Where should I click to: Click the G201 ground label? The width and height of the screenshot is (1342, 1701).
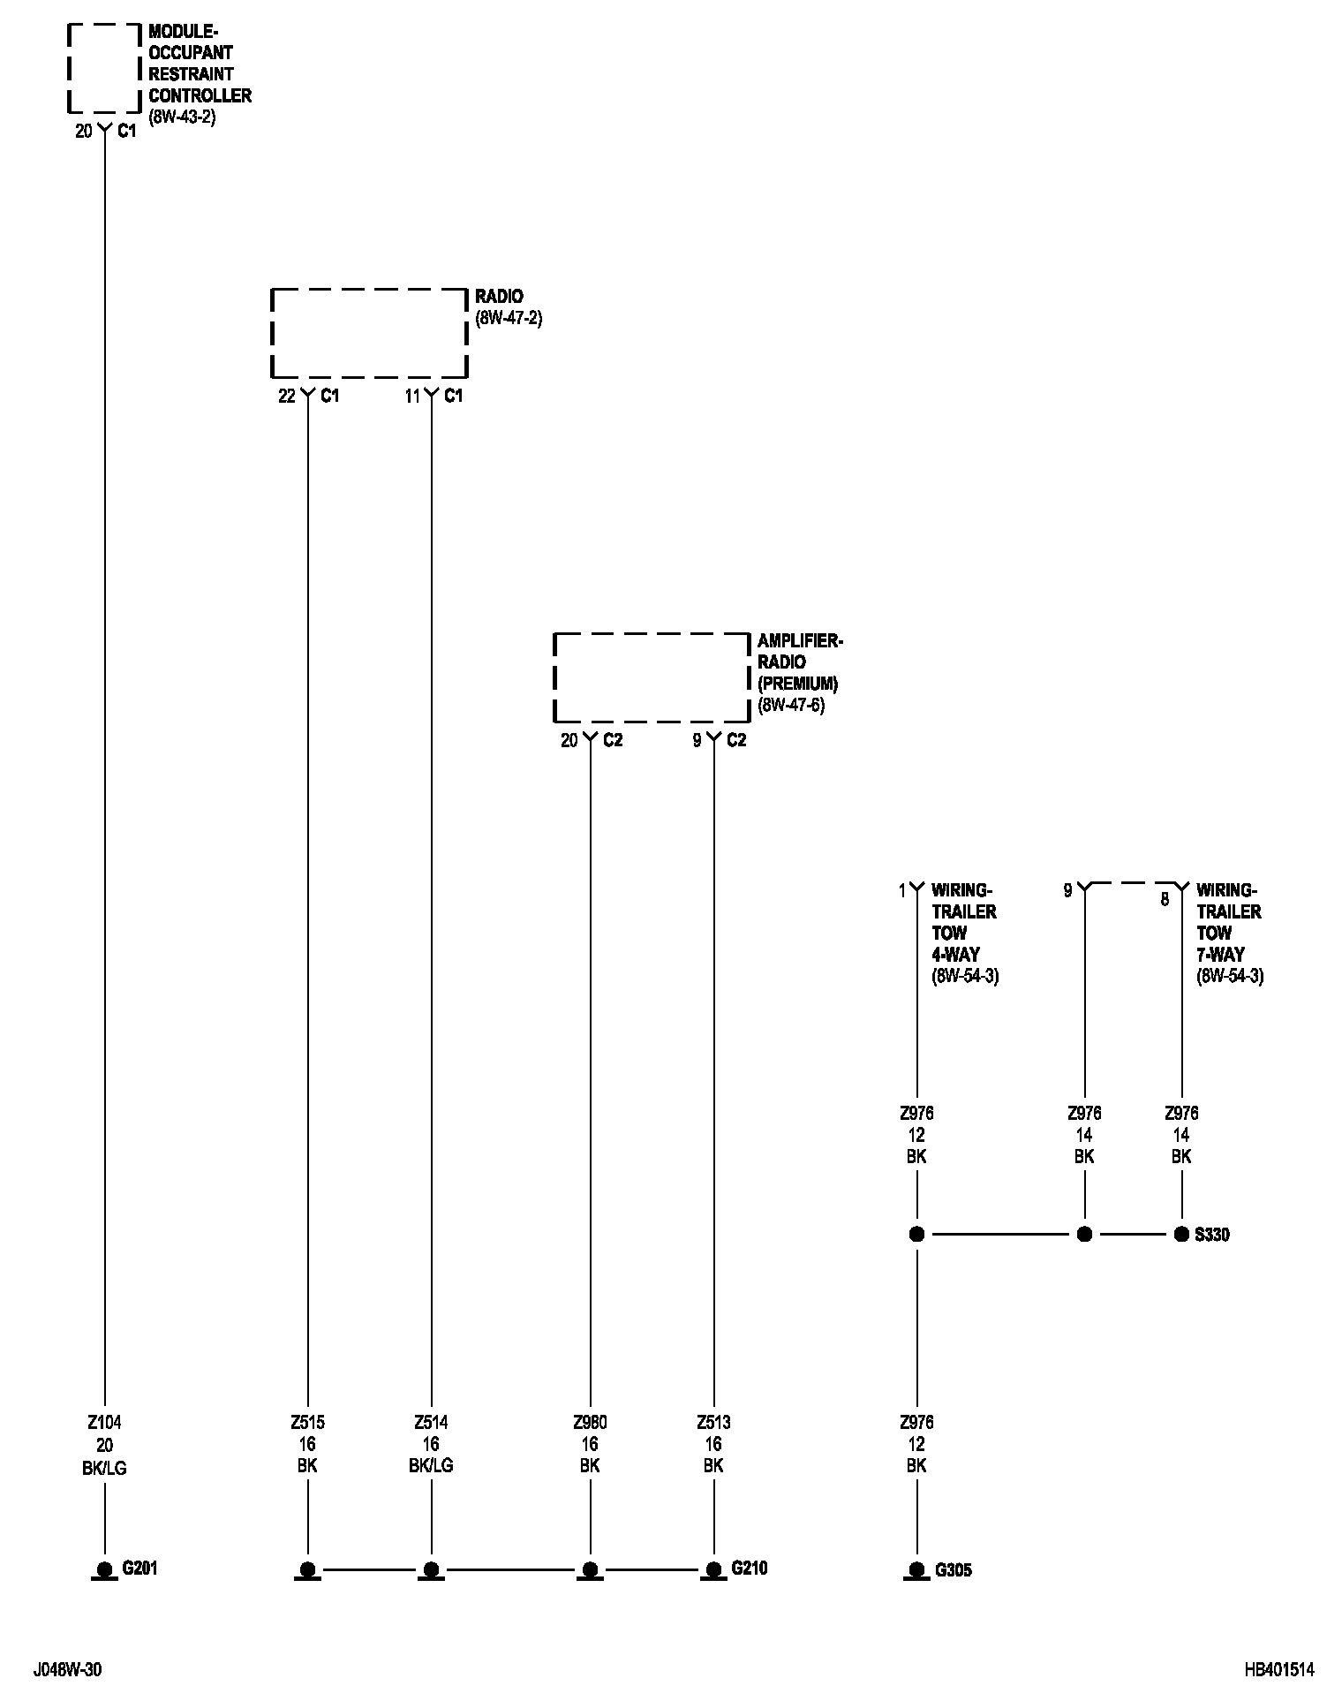[139, 1569]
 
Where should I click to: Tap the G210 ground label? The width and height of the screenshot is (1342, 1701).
[749, 1569]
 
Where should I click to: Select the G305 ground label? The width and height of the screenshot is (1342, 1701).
[953, 1570]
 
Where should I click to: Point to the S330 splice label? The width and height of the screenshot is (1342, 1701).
[1211, 1235]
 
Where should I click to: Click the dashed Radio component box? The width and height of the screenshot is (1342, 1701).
[368, 333]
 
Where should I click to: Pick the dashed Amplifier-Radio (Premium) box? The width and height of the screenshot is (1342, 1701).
[651, 677]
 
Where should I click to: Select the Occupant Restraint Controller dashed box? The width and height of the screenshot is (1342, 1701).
[104, 69]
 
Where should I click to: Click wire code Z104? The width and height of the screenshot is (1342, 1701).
[104, 1423]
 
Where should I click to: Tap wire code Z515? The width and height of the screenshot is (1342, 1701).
[307, 1423]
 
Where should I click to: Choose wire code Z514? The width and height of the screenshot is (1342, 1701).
[431, 1423]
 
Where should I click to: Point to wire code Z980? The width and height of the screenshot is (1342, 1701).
[590, 1423]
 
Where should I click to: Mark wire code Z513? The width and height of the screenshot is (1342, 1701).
[713, 1423]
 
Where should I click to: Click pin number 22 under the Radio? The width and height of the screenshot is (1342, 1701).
[287, 397]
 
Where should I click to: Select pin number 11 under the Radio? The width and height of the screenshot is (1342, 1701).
[412, 397]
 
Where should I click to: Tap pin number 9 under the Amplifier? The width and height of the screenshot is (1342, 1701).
[697, 741]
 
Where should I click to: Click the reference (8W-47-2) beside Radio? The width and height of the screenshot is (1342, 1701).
[509, 318]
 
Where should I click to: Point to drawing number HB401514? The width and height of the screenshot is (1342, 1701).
[1279, 1669]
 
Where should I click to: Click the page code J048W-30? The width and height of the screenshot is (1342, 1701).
[67, 1669]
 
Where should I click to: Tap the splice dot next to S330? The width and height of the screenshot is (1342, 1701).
[1181, 1235]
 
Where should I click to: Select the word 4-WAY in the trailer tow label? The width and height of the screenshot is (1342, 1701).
[955, 955]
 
